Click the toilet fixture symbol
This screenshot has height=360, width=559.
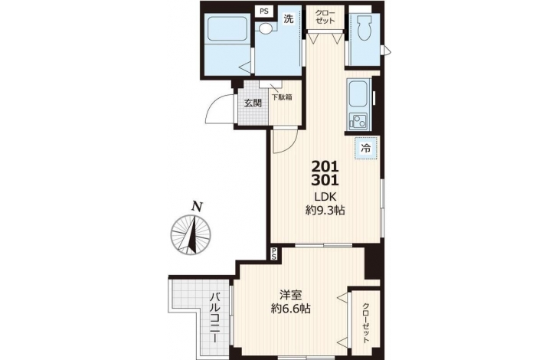tap(364, 28)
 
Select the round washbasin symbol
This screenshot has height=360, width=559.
tap(264, 28)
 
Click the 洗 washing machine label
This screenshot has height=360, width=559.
tap(289, 19)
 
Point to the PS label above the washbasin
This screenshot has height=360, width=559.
tap(264, 11)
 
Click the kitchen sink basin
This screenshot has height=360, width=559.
tap(358, 94)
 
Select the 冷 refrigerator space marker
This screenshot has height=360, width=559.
tap(366, 148)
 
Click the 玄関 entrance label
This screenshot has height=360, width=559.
tap(253, 103)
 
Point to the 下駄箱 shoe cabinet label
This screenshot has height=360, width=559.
tap(282, 97)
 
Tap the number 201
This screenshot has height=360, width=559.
tap(325, 166)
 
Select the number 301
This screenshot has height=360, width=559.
tap(325, 181)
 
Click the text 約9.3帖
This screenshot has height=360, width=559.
tap(325, 211)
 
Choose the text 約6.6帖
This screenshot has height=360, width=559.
tap(290, 309)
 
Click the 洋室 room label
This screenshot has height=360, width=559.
tap(290, 295)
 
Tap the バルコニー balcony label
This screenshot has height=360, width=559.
tap(215, 317)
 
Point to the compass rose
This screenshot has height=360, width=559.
tap(191, 235)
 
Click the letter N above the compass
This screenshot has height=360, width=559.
tap(197, 207)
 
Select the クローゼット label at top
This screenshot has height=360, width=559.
tap(325, 17)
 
